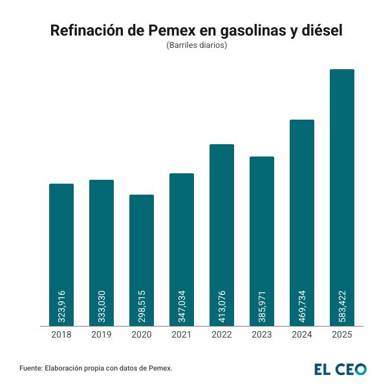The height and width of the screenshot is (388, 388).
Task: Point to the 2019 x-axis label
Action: (102, 335)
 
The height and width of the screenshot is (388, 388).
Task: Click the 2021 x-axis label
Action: (182, 335)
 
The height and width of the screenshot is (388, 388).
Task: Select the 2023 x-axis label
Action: (262, 335)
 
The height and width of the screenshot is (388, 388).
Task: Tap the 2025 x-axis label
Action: (342, 335)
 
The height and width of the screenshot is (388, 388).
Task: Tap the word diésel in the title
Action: (319, 31)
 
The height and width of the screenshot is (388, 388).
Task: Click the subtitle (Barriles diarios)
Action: (194, 47)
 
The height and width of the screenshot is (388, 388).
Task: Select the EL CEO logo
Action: (340, 369)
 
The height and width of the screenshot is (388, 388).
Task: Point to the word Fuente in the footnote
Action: (31, 369)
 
